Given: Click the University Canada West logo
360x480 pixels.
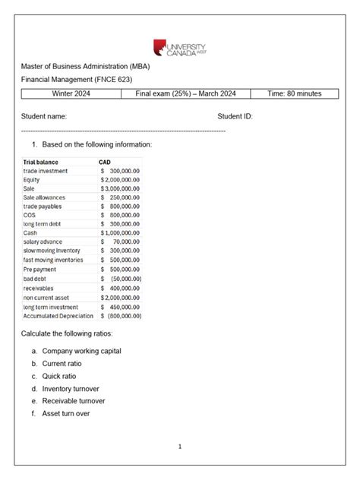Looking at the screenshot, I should tap(179, 48).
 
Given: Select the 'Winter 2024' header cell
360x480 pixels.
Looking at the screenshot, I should tap(72, 93).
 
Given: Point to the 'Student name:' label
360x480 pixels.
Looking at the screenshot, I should tap(43, 116).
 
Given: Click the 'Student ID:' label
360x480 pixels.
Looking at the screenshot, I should tap(235, 116).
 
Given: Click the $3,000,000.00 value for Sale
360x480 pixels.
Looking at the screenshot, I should tap(120, 188).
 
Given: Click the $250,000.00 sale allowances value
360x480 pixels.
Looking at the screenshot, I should tap(120, 197).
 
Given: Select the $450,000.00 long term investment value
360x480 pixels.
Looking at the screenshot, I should tap(120, 306).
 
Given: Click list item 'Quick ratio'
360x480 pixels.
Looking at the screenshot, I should tap(62, 375).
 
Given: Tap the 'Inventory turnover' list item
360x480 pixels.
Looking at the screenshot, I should tap(74, 388).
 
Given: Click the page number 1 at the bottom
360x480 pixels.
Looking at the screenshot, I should tap(180, 447).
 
